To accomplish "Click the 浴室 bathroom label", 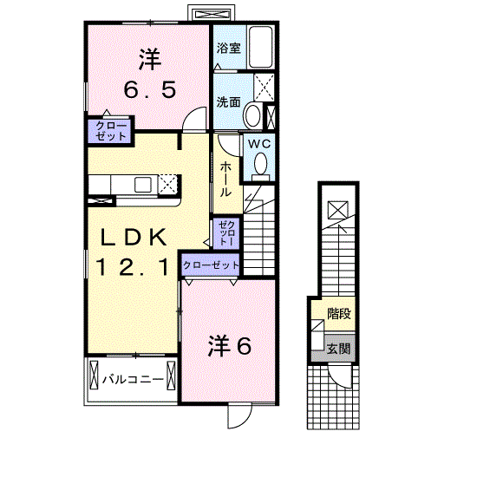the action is tap(229, 49).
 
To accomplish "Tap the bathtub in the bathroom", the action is tap(261, 47).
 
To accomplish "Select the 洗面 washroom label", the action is tap(228, 102).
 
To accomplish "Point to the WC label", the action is tap(259, 144).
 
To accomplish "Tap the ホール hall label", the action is tap(225, 179).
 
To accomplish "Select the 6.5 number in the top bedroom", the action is tap(150, 89).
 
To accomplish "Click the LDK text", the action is tap(134, 238).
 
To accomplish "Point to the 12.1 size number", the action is tap(133, 267).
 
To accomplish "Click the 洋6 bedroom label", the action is tap(229, 346).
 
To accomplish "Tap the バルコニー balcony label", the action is tap(133, 380).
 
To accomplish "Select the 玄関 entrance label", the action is tap(338, 349).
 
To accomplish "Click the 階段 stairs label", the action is tap(339, 313).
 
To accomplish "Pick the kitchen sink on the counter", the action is tap(143, 185).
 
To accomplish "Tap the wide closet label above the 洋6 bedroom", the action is tap(211, 265).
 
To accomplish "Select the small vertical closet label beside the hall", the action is tap(227, 233).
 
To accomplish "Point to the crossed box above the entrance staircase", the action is tap(338, 210).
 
